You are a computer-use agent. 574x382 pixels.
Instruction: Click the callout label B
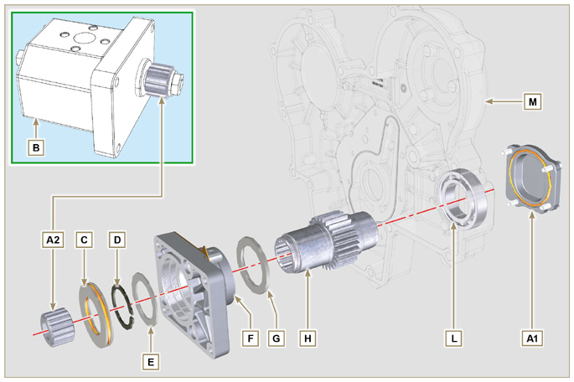(35, 148)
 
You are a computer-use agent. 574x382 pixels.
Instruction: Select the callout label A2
(53, 240)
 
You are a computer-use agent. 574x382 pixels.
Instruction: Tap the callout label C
(84, 240)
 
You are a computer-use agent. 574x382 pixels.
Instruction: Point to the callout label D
(117, 240)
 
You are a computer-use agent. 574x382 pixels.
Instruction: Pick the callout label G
(276, 338)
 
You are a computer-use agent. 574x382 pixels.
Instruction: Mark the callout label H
(308, 338)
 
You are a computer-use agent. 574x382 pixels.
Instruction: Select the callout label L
(453, 338)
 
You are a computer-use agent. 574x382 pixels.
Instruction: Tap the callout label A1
(530, 338)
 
